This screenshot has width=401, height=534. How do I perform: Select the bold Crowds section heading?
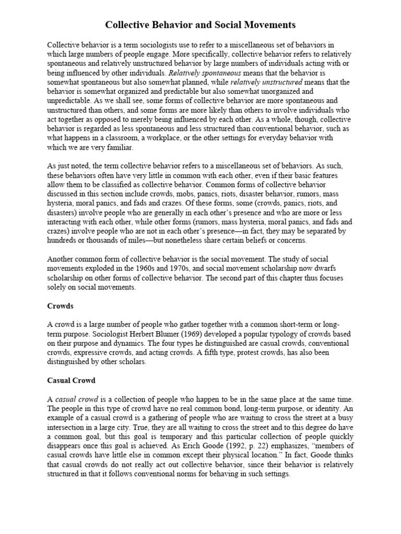coord(60,306)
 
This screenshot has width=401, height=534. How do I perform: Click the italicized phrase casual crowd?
coord(73,398)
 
